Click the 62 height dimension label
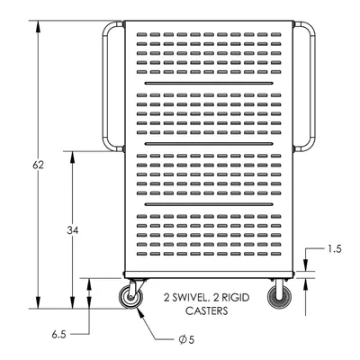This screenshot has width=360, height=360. pyautogui.click(x=38, y=165)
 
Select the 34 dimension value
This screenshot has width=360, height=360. pyautogui.click(x=73, y=230)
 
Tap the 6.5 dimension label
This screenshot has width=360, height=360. pyautogui.click(x=58, y=335)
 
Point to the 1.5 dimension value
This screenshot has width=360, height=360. pyautogui.click(x=335, y=249)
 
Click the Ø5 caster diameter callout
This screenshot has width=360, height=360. pyautogui.click(x=186, y=339)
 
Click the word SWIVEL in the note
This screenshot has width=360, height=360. pyautogui.click(x=190, y=298)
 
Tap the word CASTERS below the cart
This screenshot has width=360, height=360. pyautogui.click(x=207, y=310)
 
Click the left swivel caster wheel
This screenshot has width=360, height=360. pyautogui.click(x=130, y=297)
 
